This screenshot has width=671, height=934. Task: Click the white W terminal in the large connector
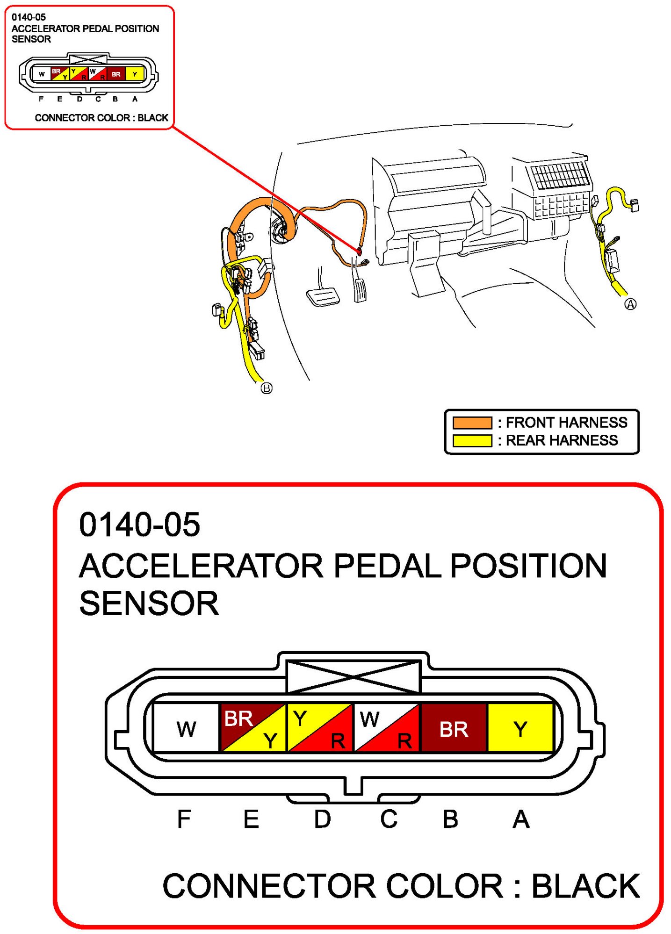tap(186, 728)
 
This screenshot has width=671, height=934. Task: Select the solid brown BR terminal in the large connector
tap(454, 728)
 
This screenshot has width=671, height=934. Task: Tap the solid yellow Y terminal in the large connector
tap(520, 728)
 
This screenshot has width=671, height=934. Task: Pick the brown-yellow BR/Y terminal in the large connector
tap(253, 728)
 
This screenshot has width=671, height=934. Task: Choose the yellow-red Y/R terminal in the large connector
tap(320, 728)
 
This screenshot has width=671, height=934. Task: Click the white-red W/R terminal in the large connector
tap(387, 728)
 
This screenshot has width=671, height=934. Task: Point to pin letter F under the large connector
tap(184, 819)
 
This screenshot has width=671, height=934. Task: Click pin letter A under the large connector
tap(521, 819)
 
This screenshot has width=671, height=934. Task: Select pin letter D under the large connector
tap(322, 819)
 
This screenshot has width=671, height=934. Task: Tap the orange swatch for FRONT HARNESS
tap(472, 423)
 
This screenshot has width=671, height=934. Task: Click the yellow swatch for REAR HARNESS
tap(472, 440)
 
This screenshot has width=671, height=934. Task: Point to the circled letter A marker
tap(630, 304)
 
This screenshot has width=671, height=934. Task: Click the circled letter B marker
tap(266, 388)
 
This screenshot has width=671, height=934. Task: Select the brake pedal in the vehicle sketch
tap(323, 297)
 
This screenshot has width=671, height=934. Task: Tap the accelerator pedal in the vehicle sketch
tap(360, 290)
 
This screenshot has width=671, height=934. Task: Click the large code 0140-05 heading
tap(139, 524)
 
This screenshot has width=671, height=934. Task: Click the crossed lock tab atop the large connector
tap(353, 676)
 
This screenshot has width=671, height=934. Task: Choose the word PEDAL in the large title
tap(387, 566)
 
